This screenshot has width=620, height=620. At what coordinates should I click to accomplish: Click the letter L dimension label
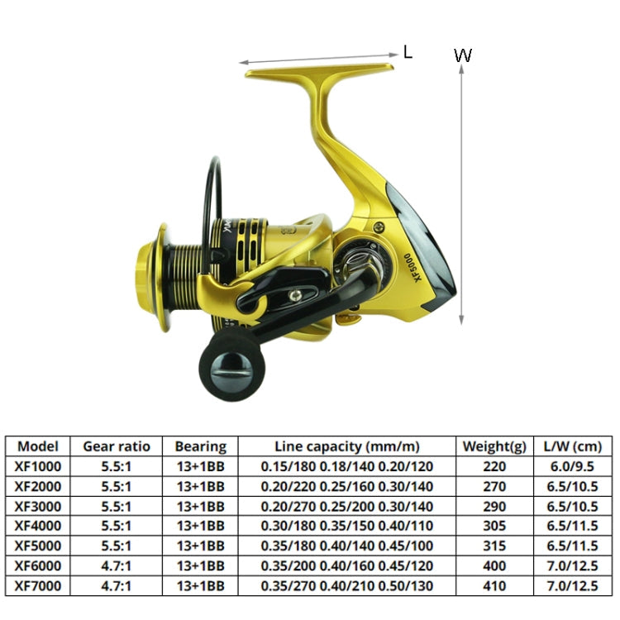pos(408,52)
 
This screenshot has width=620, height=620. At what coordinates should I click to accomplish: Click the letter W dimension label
pos(463,56)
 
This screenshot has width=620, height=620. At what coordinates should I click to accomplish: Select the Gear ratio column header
pos(117,446)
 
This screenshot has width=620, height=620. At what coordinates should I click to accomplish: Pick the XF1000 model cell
pos(39,465)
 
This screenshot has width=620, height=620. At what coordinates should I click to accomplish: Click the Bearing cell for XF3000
pos(200,505)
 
